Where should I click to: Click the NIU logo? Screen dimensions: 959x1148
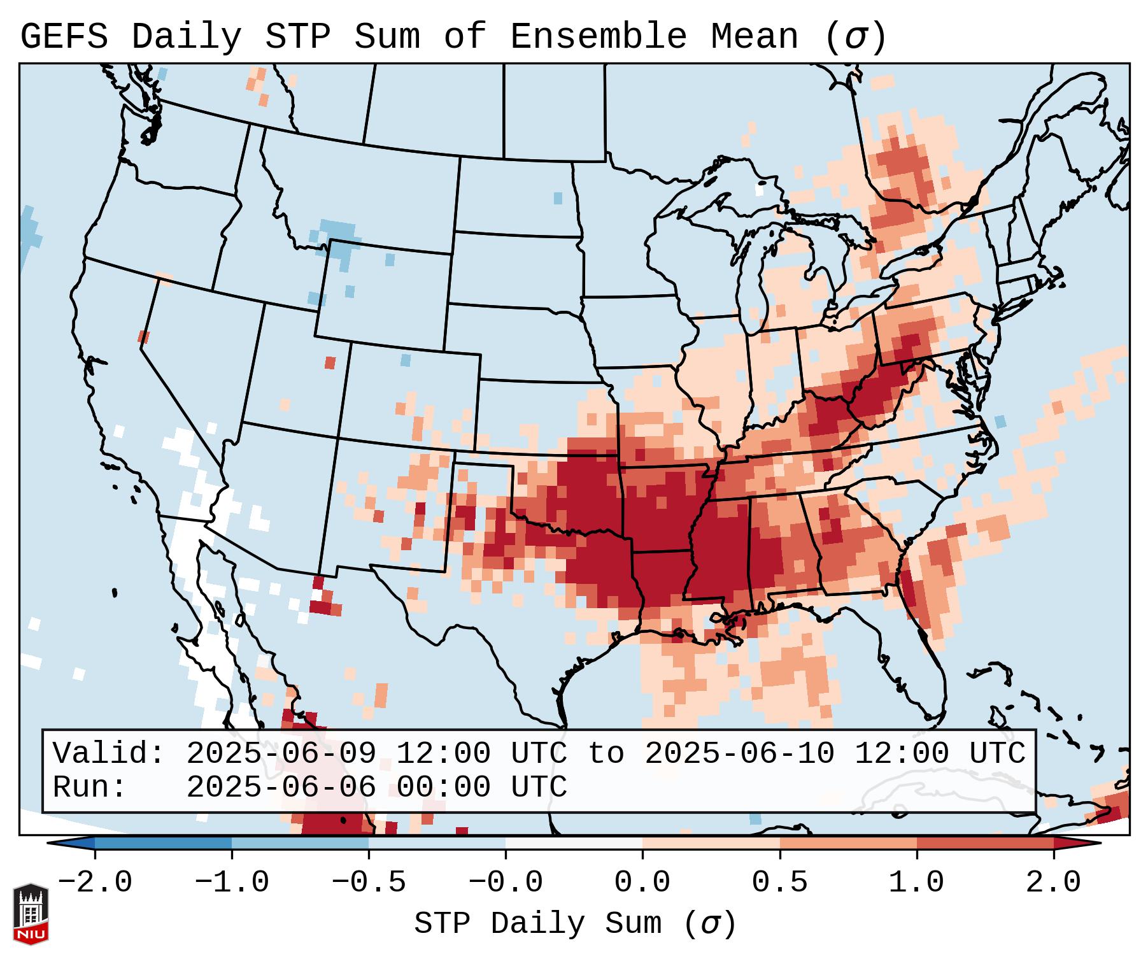pyautogui.click(x=31, y=913)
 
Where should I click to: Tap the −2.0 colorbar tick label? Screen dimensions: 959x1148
pyautogui.click(x=95, y=883)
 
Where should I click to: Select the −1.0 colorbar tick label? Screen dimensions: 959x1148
pyautogui.click(x=232, y=883)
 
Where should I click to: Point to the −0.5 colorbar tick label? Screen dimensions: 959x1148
pyautogui.click(x=369, y=883)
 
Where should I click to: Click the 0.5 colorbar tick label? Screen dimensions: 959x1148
pyautogui.click(x=779, y=883)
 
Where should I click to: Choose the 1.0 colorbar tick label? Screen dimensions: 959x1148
pyautogui.click(x=916, y=883)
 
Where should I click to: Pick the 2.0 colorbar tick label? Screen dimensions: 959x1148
pyautogui.click(x=1053, y=883)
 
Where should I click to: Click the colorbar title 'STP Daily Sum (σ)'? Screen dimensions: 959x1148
pyautogui.click(x=575, y=924)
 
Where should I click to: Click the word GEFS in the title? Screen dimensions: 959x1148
pyautogui.click(x=64, y=37)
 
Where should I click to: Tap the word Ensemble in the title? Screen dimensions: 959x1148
pyautogui.click(x=598, y=37)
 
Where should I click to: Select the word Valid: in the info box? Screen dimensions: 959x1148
pyautogui.click(x=109, y=753)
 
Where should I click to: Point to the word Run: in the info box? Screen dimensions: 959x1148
pyautogui.click(x=89, y=787)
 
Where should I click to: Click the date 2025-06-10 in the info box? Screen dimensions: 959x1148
pyautogui.click(x=739, y=753)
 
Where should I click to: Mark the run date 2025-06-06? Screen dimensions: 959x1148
pyautogui.click(x=281, y=787)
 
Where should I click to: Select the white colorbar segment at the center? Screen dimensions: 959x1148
pyautogui.click(x=574, y=843)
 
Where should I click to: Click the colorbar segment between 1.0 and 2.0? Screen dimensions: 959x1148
pyautogui.click(x=985, y=843)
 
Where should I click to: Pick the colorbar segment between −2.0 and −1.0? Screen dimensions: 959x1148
pyautogui.click(x=163, y=843)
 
